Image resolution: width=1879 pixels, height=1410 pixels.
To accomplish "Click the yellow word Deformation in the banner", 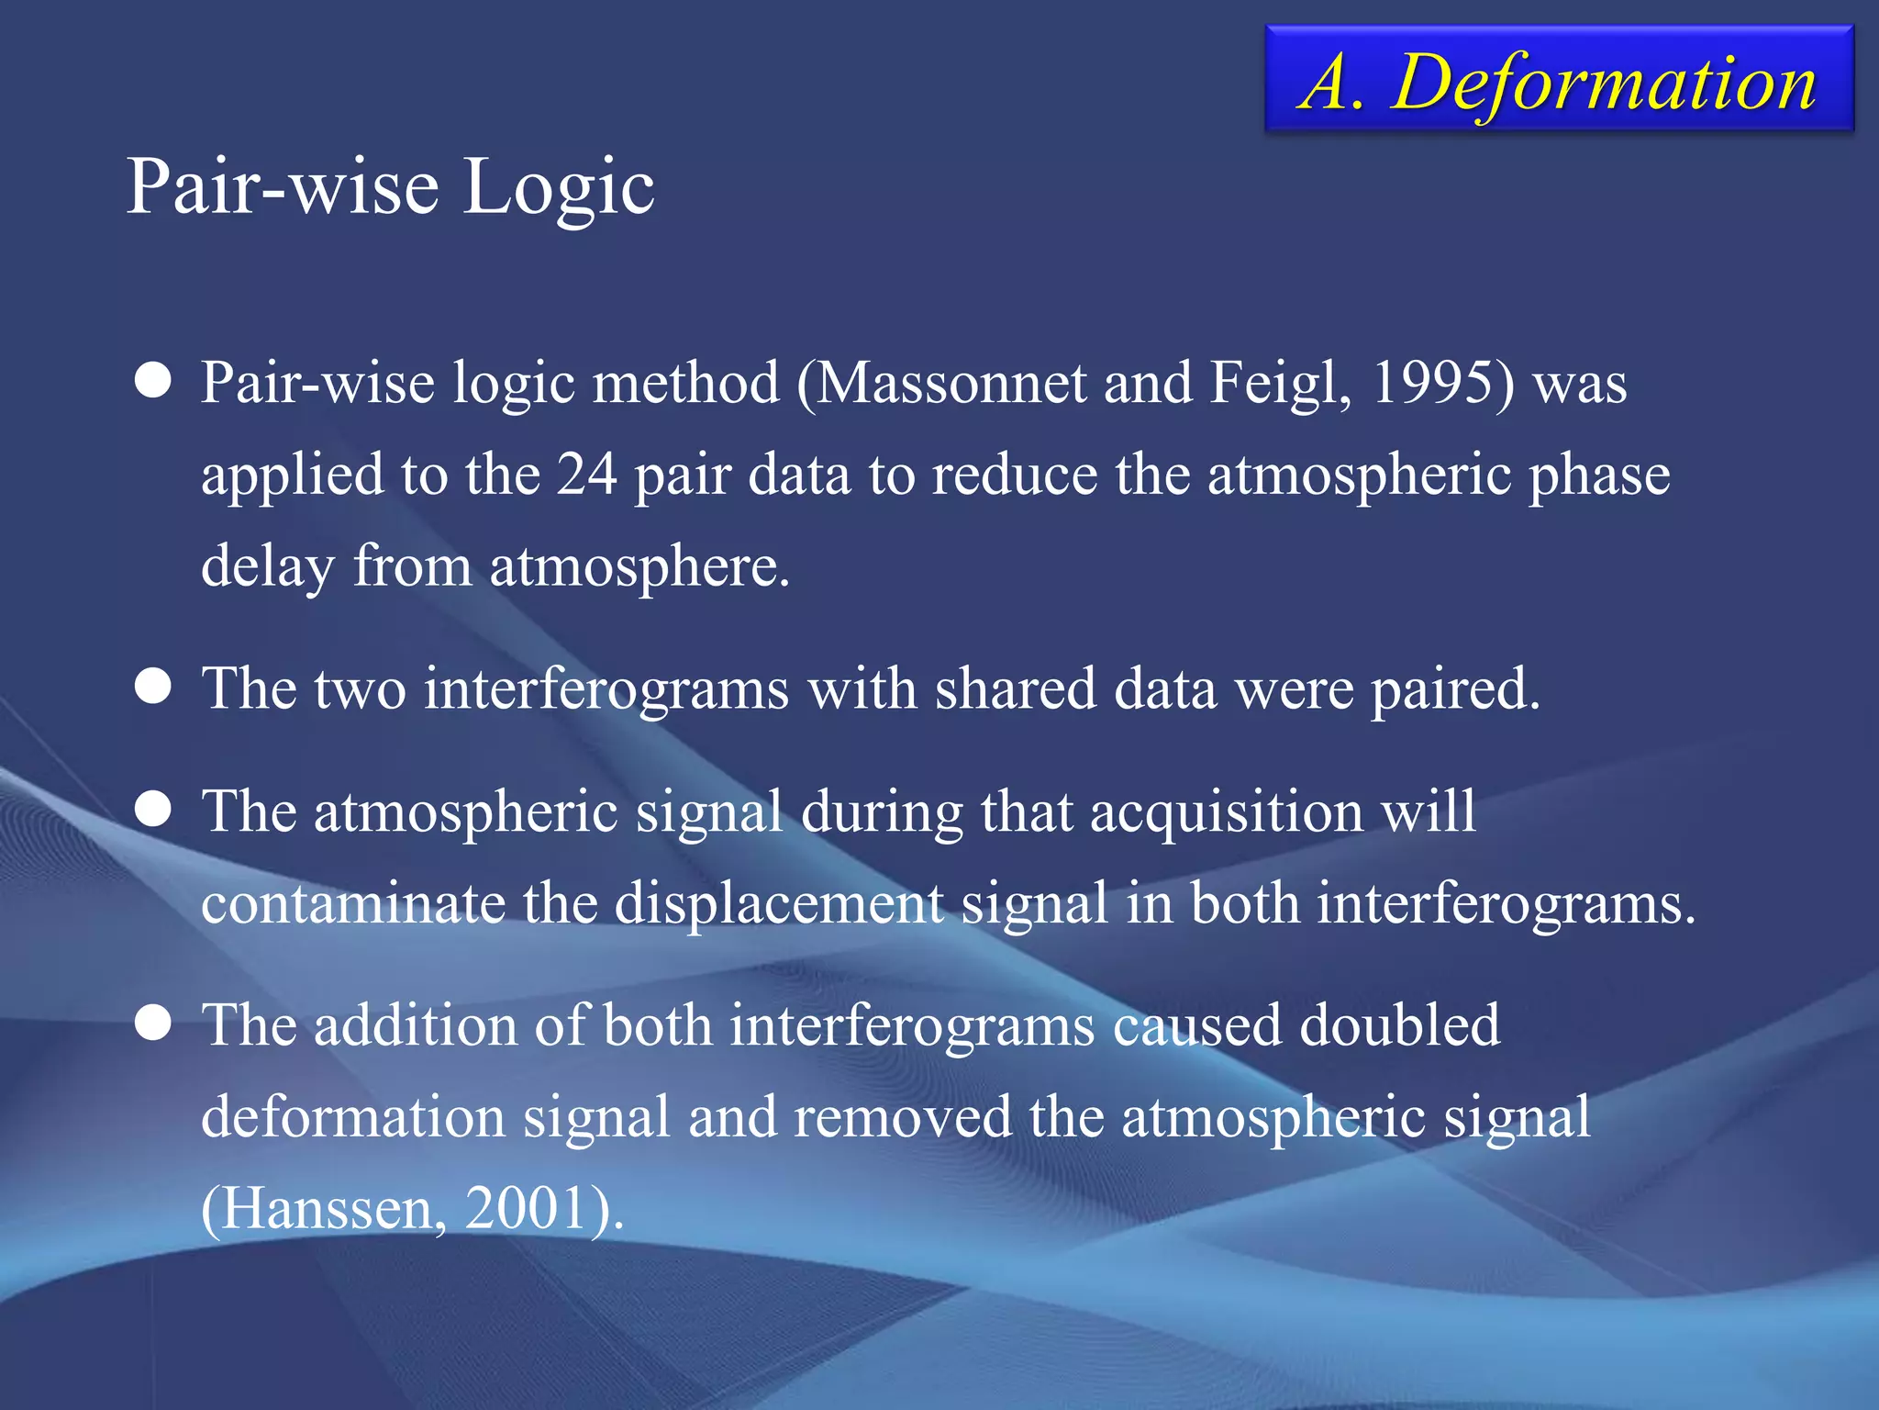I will (1603, 83).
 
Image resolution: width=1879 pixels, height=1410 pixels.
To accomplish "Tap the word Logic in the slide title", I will (558, 186).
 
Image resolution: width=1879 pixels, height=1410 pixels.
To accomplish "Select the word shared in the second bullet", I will (1015, 688).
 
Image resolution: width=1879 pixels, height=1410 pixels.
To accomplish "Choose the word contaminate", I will (352, 902).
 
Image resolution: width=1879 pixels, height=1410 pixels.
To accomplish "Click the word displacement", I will (778, 903).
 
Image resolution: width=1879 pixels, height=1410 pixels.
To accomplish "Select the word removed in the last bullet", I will (903, 1116).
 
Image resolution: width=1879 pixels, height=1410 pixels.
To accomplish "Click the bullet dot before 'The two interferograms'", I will (152, 686).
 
